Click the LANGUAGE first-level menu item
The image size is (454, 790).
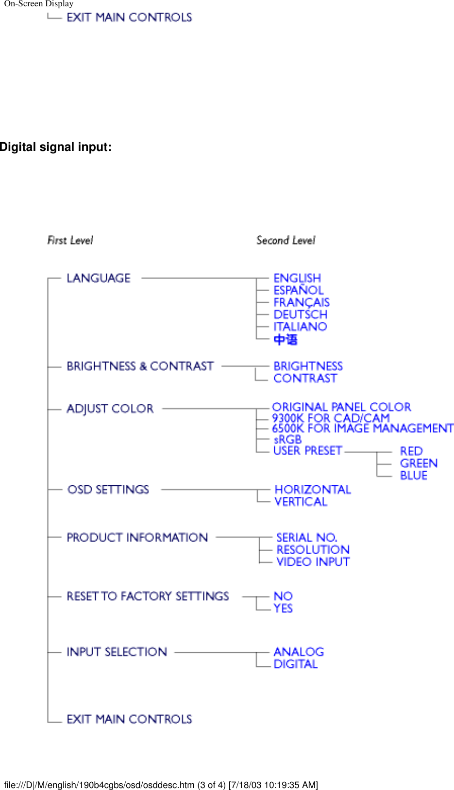point(99,278)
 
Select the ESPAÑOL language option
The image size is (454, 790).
point(298,290)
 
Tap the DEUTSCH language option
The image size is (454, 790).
point(300,314)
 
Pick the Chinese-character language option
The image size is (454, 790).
point(286,339)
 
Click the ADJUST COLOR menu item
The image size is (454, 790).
point(110,409)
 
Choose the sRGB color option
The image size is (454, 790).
point(287,439)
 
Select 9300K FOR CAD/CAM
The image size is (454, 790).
point(331,418)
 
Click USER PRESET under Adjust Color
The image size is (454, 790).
point(307,450)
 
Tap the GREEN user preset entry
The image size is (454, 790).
point(419,463)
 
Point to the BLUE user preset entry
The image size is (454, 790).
point(414,475)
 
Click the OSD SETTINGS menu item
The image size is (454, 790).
point(108,489)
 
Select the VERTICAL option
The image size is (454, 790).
point(301,502)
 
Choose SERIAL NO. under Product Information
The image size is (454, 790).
point(306,537)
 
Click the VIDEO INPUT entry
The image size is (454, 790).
point(313,561)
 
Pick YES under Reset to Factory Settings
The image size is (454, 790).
point(283,608)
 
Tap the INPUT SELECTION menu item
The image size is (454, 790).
point(117,652)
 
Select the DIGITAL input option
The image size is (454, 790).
point(295,664)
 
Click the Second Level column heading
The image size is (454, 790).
point(286,240)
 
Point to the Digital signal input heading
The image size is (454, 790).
point(56,147)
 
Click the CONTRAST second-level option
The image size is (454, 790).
point(305,378)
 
